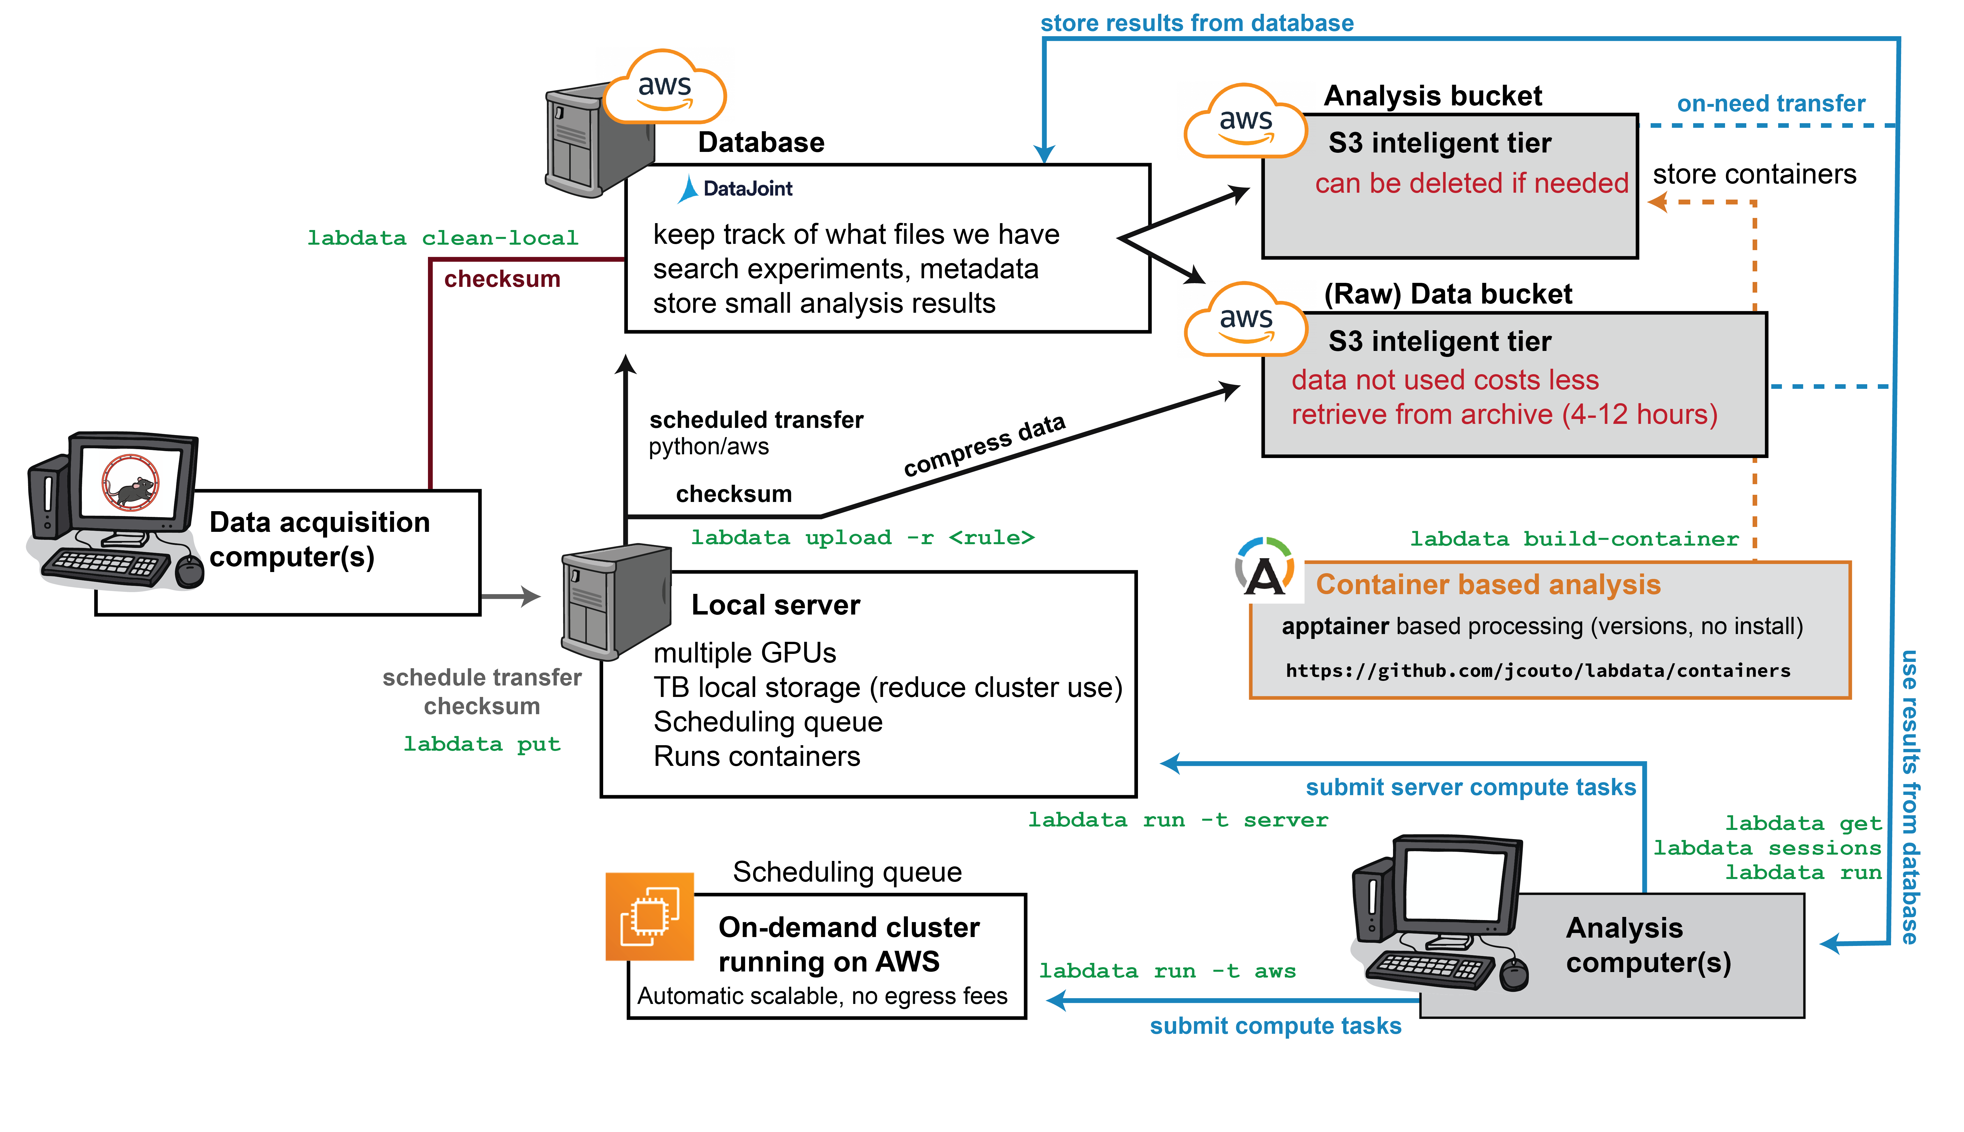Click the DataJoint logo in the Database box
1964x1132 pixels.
[736, 189]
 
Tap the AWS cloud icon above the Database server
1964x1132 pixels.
[665, 89]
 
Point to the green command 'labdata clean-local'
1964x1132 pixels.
[442, 238]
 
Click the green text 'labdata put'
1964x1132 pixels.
[481, 744]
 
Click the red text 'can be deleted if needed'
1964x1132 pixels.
[1471, 183]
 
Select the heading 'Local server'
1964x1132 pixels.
[775, 605]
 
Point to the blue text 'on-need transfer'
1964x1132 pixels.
[1770, 103]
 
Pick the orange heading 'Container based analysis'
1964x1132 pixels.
[1488, 585]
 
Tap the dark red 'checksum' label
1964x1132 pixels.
[501, 279]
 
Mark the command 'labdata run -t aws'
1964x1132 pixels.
[1167, 971]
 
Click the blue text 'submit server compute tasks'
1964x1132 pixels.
[1470, 788]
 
